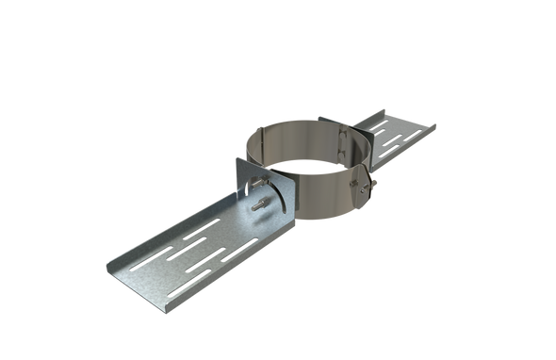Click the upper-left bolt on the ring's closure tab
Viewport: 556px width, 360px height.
pyautogui.click(x=354, y=181)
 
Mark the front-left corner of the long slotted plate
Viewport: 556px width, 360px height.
pyautogui.click(x=110, y=267)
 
